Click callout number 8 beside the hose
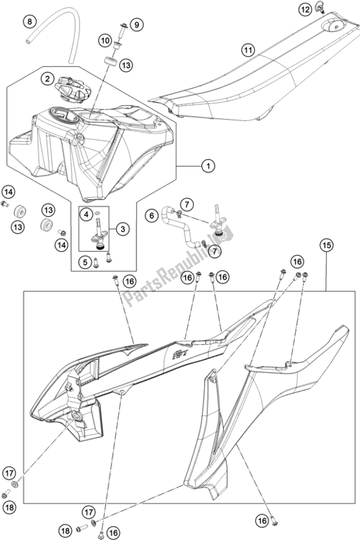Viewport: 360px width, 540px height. pyautogui.click(x=30, y=22)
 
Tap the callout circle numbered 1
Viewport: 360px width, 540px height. pyautogui.click(x=208, y=166)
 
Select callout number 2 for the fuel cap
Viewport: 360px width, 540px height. pyautogui.click(x=47, y=79)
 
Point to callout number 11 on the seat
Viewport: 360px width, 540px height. pyautogui.click(x=248, y=51)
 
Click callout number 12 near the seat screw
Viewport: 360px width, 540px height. pyautogui.click(x=305, y=9)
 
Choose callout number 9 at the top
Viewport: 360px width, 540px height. pyautogui.click(x=136, y=25)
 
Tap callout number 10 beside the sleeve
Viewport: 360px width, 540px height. pyautogui.click(x=105, y=41)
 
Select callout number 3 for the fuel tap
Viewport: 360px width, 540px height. pyautogui.click(x=123, y=229)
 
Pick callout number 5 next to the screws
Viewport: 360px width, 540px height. pyautogui.click(x=84, y=263)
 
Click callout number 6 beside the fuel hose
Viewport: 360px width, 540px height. pyautogui.click(x=151, y=216)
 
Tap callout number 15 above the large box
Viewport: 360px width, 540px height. pyautogui.click(x=326, y=245)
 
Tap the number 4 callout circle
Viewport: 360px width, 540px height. pyautogui.click(x=86, y=215)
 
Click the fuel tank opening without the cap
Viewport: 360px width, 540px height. pyautogui.click(x=63, y=114)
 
